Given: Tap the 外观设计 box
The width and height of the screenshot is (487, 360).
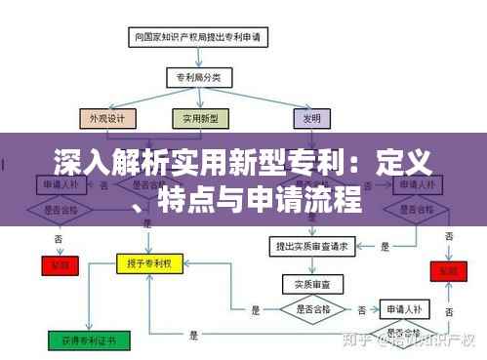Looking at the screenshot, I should pyautogui.click(x=107, y=118).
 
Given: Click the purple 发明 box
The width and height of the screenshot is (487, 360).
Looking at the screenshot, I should pyautogui.click(x=308, y=118).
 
